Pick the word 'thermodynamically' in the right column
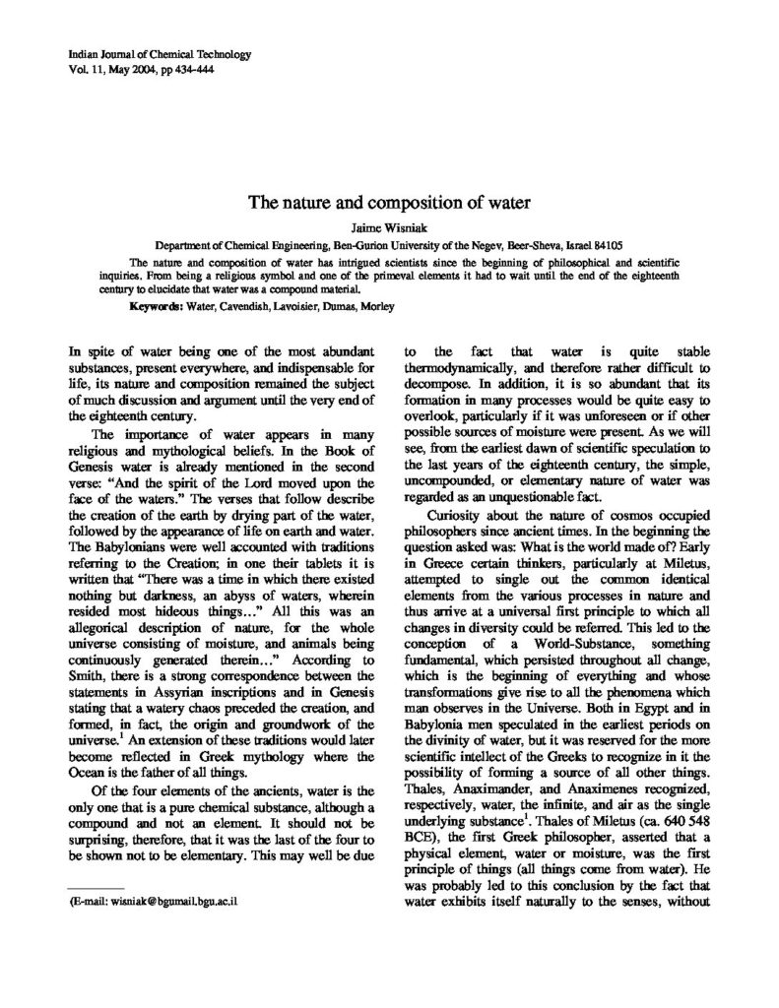(459, 369)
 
